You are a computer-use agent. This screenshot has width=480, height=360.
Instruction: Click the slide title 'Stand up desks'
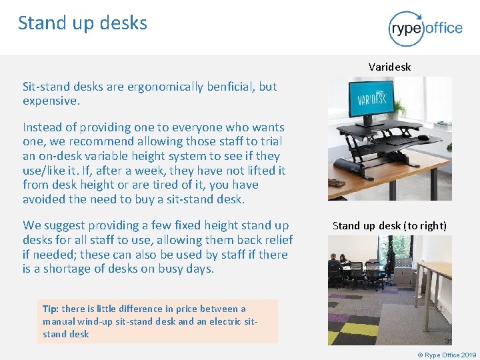82,23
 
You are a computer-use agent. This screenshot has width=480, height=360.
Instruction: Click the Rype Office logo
425,28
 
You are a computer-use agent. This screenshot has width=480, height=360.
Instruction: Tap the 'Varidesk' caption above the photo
389,67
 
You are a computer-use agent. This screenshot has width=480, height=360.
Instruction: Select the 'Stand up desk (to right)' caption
389,225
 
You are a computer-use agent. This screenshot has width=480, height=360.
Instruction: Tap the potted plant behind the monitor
401,107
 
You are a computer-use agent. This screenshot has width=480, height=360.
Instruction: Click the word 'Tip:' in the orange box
51,309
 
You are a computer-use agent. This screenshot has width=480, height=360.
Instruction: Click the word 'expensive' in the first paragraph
50,101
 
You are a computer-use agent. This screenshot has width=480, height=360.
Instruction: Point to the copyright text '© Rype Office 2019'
447,355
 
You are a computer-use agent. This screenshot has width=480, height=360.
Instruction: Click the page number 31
448,340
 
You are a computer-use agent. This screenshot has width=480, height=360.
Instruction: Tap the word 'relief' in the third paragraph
276,239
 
